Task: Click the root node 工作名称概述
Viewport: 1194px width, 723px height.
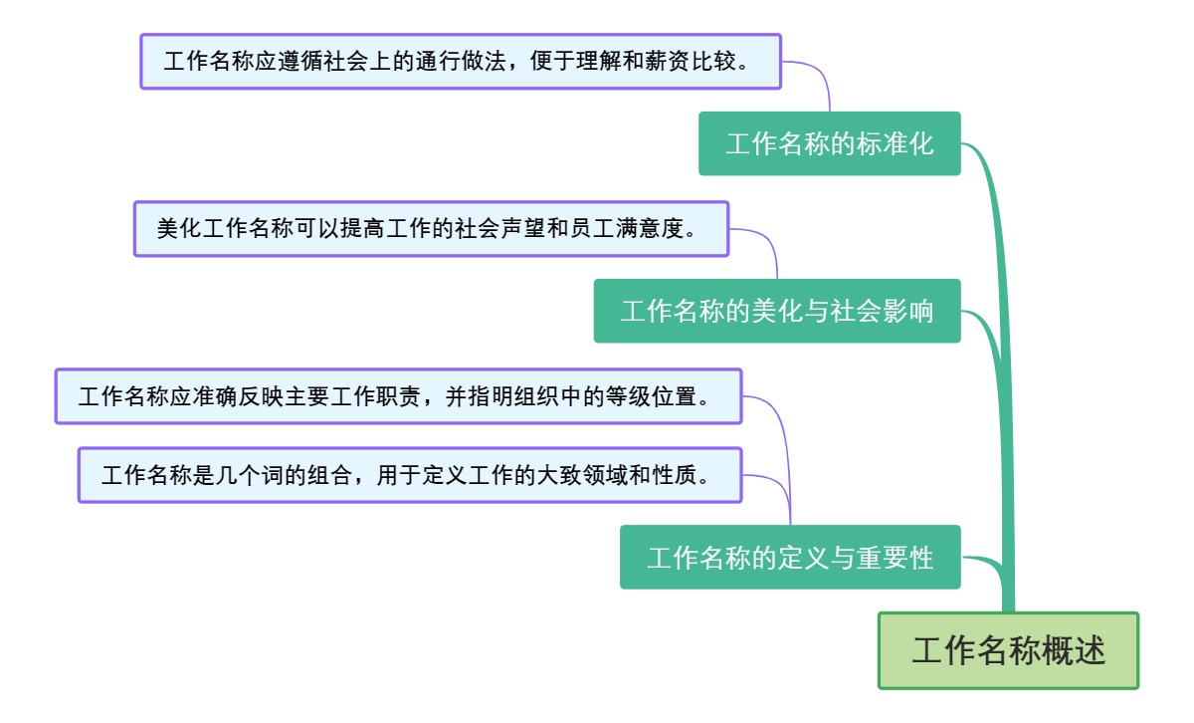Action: [1008, 651]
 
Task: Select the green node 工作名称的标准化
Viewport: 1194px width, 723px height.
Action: [829, 143]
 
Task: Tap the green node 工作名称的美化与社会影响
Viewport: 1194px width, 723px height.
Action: [777, 311]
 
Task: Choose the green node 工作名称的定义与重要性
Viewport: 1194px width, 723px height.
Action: [790, 557]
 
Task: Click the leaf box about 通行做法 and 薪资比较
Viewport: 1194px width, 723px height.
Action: [460, 62]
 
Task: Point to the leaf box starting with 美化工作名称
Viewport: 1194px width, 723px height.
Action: [431, 229]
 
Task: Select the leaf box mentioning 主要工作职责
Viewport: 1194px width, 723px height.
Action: [398, 396]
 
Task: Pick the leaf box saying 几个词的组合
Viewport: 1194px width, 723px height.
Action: [410, 475]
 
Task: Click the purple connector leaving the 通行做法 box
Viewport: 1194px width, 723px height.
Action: [822, 74]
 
